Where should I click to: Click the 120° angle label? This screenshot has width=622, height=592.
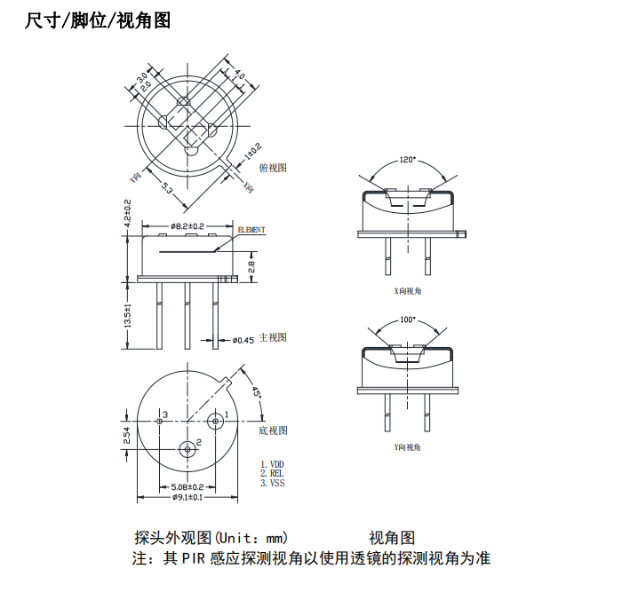(407, 161)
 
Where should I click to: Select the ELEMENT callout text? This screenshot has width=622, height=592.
(251, 230)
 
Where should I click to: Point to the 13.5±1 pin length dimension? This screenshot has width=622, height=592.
(128, 317)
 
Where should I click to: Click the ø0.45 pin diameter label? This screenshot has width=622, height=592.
(243, 340)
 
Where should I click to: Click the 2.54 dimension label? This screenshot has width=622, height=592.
(127, 436)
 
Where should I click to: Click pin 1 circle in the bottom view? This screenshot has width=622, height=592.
(214, 419)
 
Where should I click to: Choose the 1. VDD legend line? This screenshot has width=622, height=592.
(273, 464)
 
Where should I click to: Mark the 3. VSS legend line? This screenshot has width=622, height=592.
(273, 484)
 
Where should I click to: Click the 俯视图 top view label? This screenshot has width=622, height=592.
(273, 167)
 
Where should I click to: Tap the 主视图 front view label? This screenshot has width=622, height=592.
(273, 337)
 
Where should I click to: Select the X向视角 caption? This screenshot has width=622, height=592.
(408, 290)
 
